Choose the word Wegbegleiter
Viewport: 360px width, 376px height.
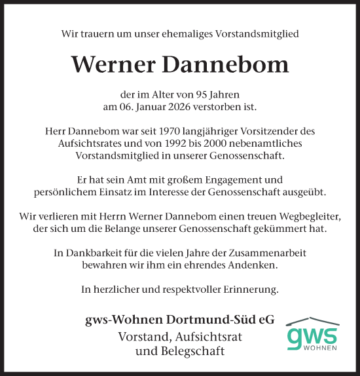[x=304, y=216]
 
